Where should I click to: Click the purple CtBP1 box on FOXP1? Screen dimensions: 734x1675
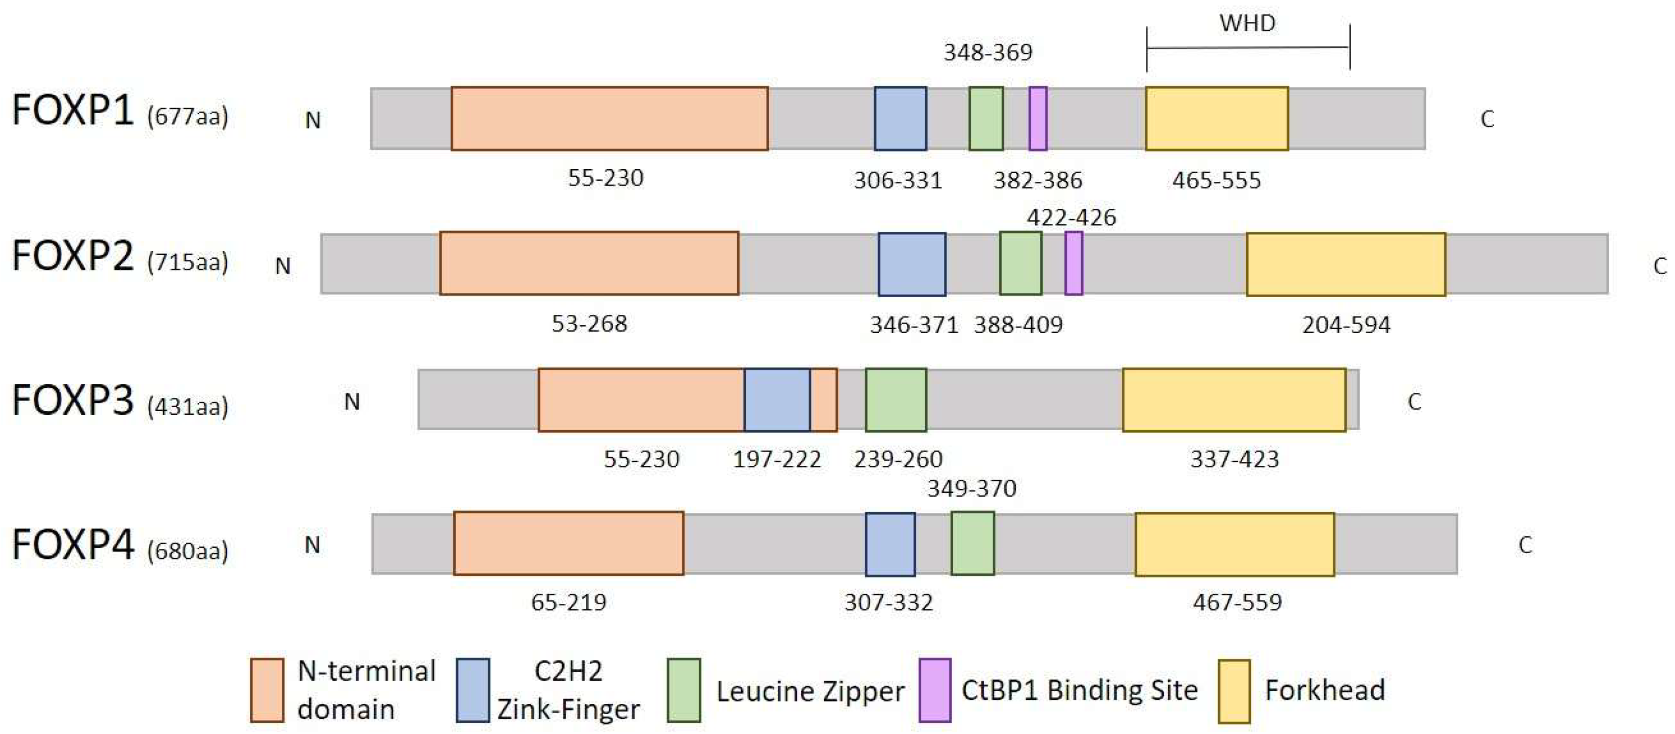1038,118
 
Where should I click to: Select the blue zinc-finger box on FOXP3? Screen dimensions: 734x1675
777,400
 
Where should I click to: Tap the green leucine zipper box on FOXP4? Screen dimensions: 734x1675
972,543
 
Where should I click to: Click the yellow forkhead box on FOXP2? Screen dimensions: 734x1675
1345,264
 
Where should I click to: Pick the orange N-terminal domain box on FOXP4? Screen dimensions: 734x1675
568,543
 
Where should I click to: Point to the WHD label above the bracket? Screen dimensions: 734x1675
1247,24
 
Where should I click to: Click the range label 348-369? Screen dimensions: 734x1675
988,53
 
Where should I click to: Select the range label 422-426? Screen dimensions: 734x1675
1071,217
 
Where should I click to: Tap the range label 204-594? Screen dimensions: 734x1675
1345,324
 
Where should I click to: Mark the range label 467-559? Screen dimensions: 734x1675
1237,603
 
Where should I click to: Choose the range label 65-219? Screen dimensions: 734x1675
568,603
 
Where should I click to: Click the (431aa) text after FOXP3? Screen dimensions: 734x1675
187,407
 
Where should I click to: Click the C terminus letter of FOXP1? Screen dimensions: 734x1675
1487,120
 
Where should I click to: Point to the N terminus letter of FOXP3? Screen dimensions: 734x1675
351,402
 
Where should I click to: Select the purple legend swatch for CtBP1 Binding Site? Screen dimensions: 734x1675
934,691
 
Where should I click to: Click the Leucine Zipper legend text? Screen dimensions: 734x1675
810,691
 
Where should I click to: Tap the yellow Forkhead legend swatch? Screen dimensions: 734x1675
1233,691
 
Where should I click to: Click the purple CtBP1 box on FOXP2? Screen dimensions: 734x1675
1073,263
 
